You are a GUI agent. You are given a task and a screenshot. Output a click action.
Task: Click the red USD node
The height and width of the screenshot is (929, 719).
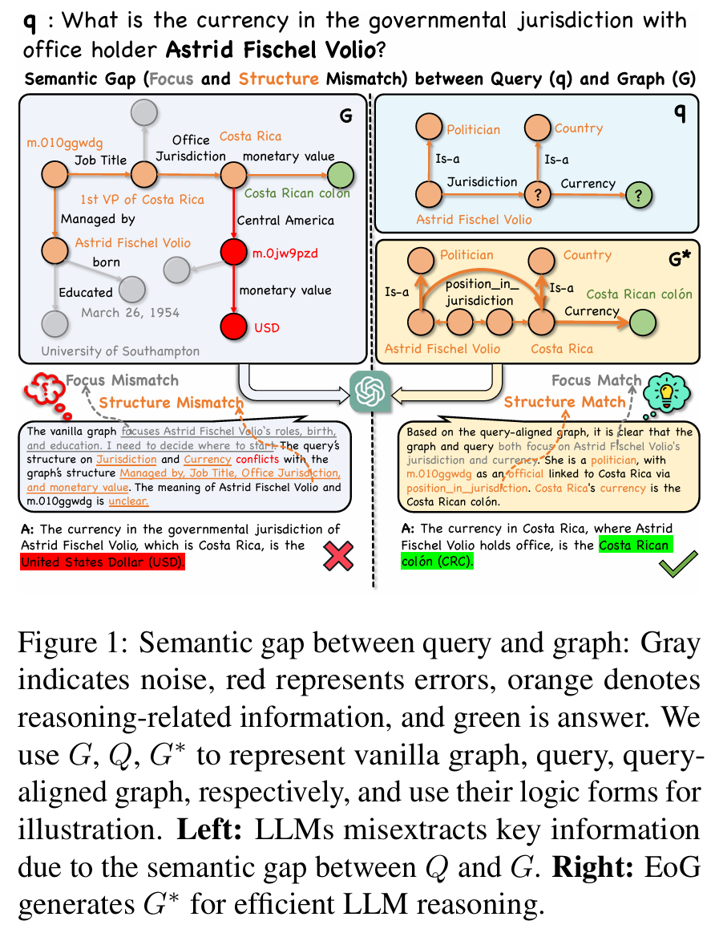click(x=234, y=327)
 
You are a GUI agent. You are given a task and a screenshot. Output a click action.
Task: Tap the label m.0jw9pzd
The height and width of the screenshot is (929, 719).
click(x=285, y=254)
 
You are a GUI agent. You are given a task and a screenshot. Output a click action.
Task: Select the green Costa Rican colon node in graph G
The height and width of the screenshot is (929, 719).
click(x=341, y=175)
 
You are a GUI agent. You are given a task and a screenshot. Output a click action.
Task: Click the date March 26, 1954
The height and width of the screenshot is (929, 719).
click(x=130, y=313)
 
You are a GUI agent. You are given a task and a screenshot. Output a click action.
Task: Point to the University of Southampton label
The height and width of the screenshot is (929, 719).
click(x=120, y=351)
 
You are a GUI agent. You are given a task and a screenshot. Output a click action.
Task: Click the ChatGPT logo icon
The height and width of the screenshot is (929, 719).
click(x=370, y=391)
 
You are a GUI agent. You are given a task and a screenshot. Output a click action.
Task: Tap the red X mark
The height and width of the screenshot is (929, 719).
click(x=338, y=556)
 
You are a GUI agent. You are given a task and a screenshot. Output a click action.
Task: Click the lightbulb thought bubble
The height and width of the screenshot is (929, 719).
click(x=666, y=392)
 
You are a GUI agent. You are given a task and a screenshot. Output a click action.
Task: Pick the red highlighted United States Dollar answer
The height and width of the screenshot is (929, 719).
click(x=103, y=562)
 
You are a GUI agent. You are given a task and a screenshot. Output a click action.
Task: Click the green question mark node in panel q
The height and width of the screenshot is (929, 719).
click(x=638, y=195)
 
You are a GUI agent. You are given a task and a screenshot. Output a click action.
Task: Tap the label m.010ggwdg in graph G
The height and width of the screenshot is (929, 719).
click(x=64, y=143)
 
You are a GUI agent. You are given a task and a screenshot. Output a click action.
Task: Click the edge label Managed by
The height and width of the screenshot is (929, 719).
click(x=98, y=219)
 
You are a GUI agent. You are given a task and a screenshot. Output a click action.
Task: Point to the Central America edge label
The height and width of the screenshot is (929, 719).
click(x=285, y=221)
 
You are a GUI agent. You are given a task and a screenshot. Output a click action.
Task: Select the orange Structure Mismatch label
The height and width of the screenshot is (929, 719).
click(x=171, y=403)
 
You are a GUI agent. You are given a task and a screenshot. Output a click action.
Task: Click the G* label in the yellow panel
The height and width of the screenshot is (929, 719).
click(x=680, y=259)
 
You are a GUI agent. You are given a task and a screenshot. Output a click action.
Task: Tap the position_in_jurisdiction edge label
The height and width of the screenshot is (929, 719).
click(x=480, y=292)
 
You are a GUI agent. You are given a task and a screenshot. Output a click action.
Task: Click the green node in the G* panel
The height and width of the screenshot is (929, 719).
click(x=643, y=323)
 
